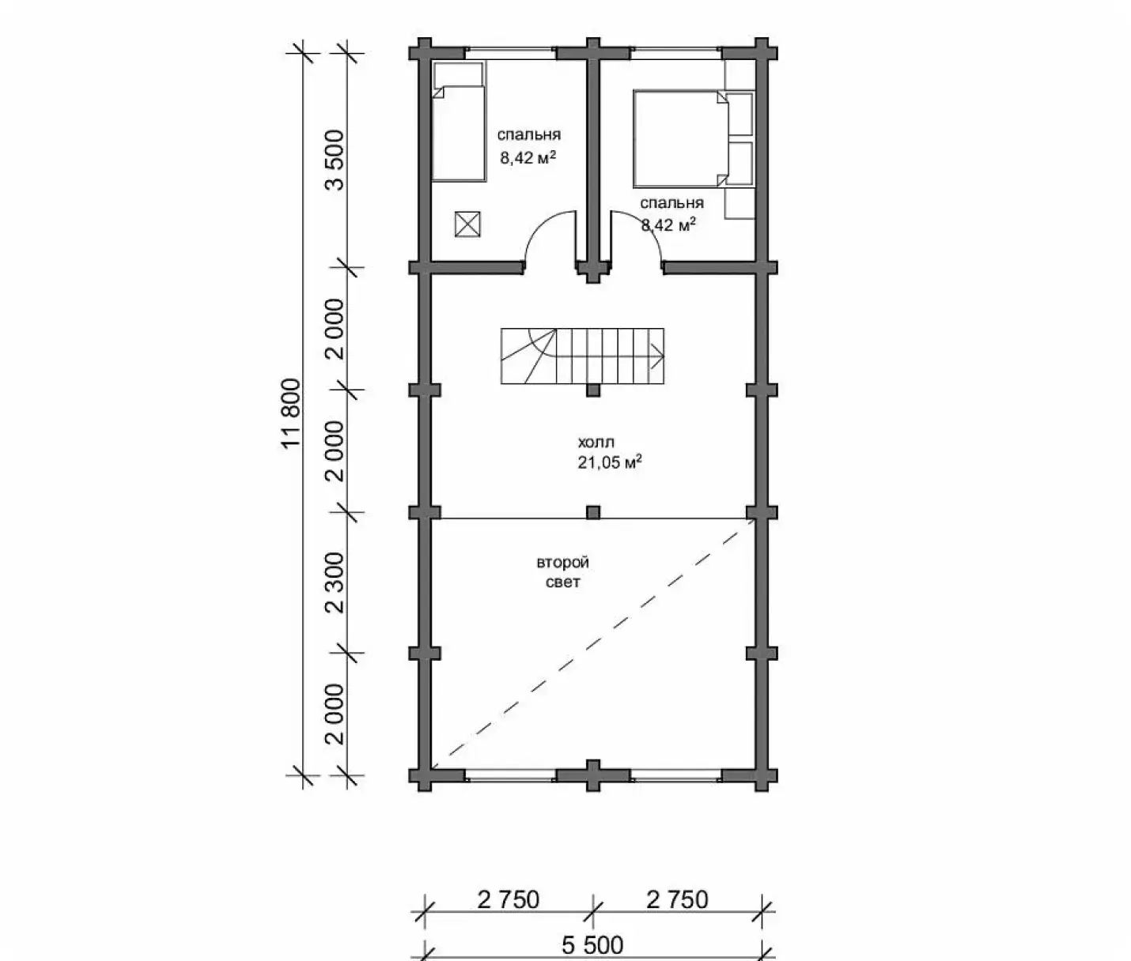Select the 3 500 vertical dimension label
[335, 160]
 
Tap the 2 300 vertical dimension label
[335, 582]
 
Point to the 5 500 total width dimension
[592, 945]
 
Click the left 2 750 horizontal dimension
[509, 900]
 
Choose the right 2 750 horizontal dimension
[677, 900]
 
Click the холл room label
[596, 442]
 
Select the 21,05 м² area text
[610, 462]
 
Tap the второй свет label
[562, 572]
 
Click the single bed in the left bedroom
[459, 122]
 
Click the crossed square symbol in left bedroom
[467, 224]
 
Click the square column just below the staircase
[593, 390]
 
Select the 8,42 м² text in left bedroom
[528, 158]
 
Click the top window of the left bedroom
[510, 53]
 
